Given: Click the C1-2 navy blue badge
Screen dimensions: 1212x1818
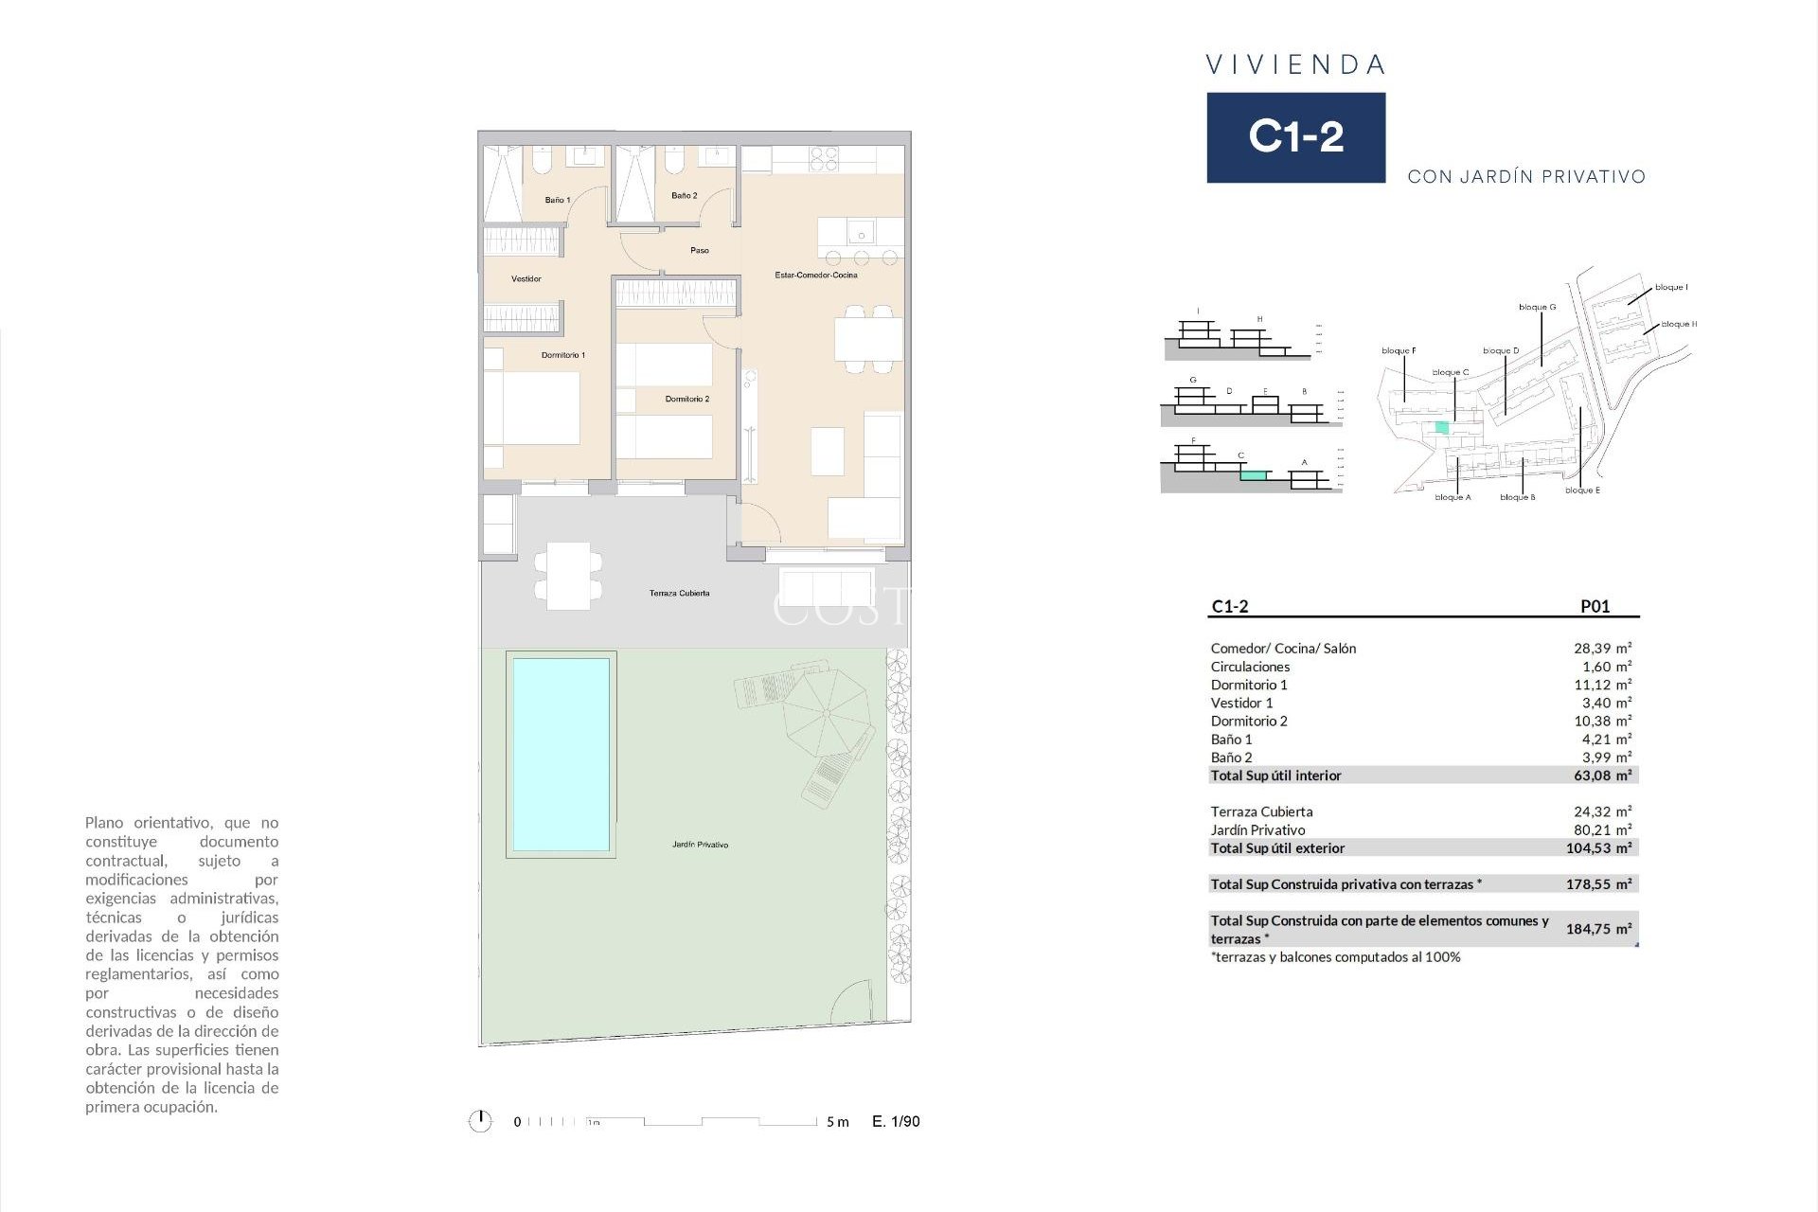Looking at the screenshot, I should [x=1295, y=137].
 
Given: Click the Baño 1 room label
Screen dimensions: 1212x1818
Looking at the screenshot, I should [x=557, y=200].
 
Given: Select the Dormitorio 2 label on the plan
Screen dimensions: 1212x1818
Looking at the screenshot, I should [x=686, y=399].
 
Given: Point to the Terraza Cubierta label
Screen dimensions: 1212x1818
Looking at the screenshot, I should [x=679, y=593].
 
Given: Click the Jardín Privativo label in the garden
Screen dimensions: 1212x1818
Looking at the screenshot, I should [x=700, y=844].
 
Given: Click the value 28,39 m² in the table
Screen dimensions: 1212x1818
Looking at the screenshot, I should [x=1602, y=649].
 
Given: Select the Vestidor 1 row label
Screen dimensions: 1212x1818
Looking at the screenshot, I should [x=1241, y=703].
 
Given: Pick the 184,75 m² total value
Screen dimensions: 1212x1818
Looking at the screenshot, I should [x=1598, y=929].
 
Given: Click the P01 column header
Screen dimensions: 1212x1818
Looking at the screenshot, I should [x=1595, y=606].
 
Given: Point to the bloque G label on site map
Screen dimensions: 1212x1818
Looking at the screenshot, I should [x=1537, y=307].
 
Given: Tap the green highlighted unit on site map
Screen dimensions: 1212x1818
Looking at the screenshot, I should [x=1441, y=427].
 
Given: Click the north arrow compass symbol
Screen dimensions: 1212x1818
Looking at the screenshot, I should [x=480, y=1121].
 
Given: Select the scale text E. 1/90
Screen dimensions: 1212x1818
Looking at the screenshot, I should [x=896, y=1121].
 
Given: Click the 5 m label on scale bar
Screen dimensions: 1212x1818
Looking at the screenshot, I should [x=837, y=1122].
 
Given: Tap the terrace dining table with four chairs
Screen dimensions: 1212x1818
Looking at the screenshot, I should [x=568, y=576].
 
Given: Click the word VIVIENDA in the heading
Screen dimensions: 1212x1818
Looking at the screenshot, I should [x=1295, y=65].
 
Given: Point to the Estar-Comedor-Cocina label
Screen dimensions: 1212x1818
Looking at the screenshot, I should [x=815, y=275].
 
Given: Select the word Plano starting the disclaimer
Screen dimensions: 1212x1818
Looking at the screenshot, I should [x=105, y=822].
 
